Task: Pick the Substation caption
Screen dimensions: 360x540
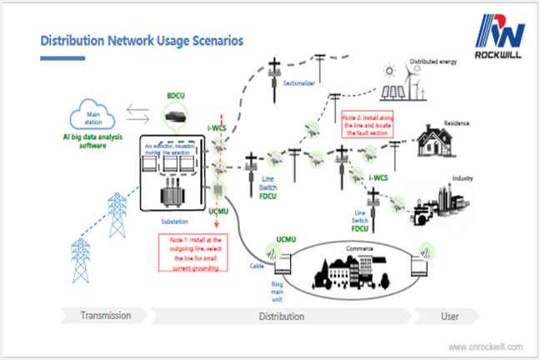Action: point(173,222)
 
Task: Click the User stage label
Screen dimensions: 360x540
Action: point(451,316)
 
